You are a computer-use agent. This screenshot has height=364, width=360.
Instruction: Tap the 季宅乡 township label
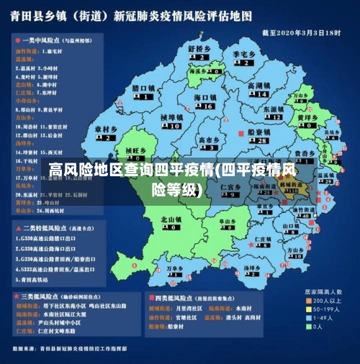point(245,54)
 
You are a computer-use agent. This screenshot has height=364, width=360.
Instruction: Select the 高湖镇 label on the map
point(258,85)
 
